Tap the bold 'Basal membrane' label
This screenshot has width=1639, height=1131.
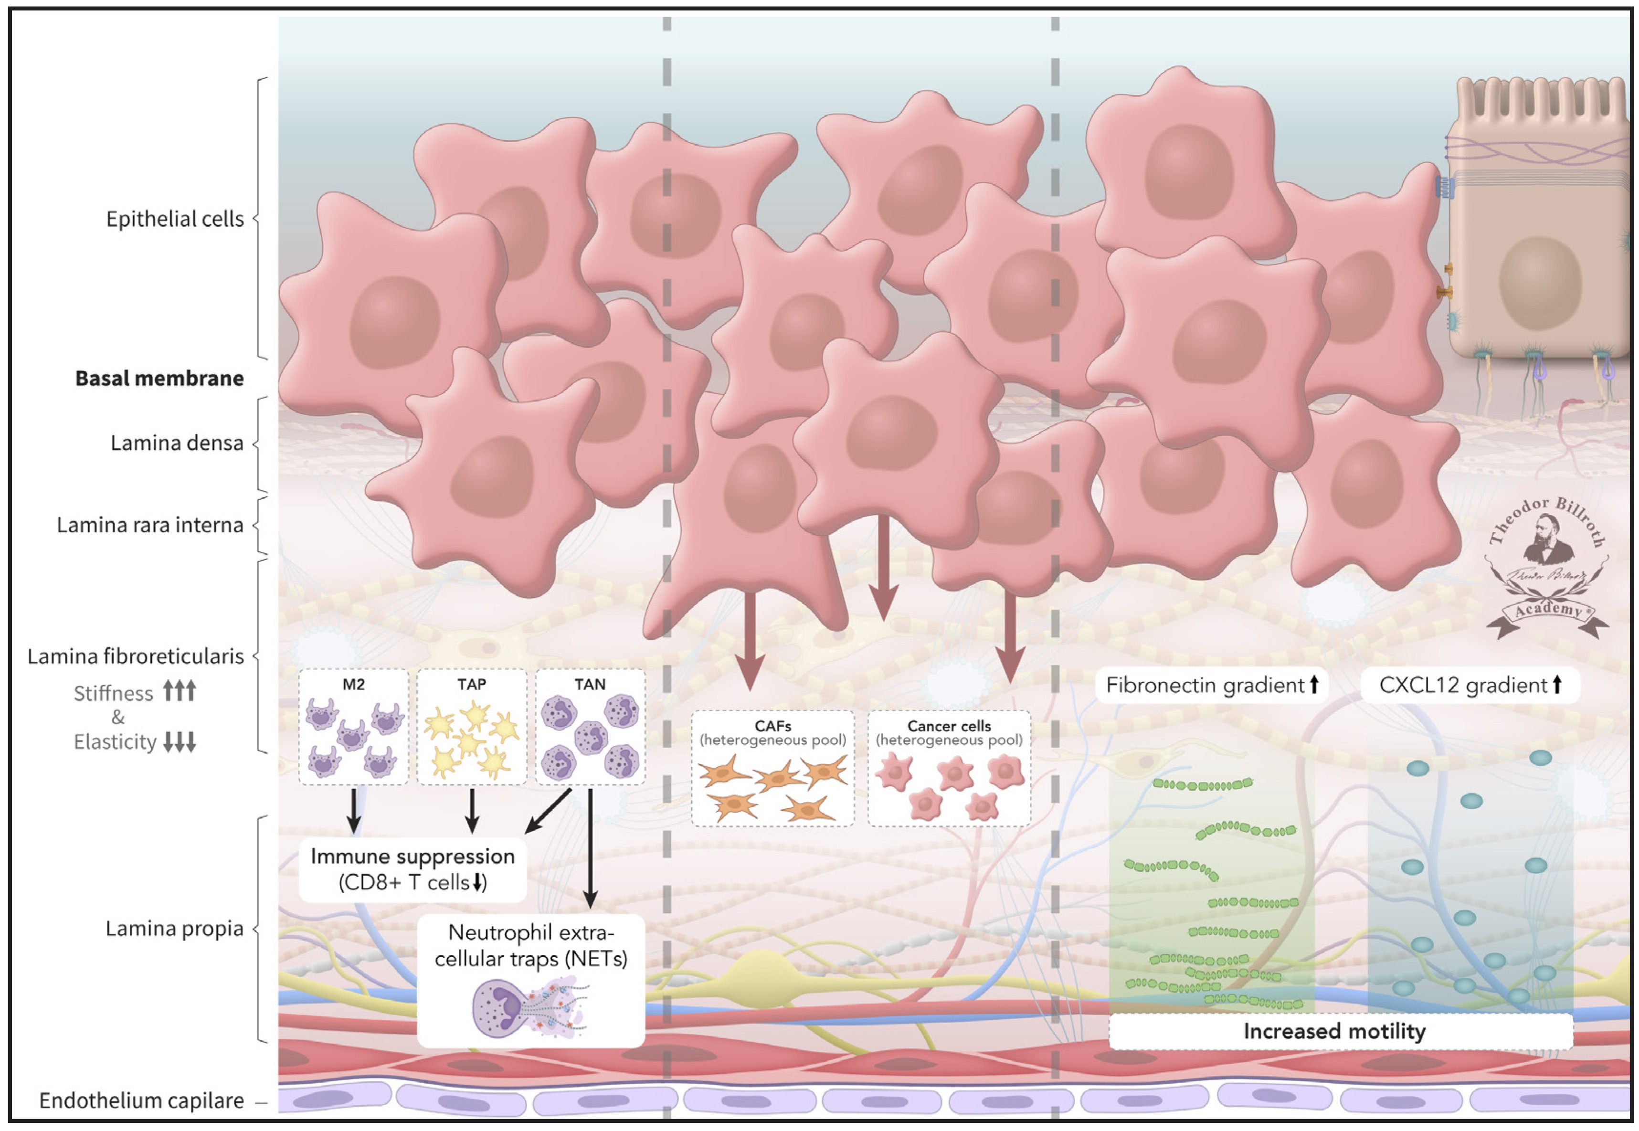[x=159, y=379]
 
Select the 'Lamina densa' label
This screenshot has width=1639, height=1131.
[x=177, y=443]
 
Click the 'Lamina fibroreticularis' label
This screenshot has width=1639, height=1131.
[x=135, y=656]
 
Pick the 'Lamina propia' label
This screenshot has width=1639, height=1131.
[x=174, y=928]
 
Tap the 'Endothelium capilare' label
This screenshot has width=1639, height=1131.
[x=142, y=1100]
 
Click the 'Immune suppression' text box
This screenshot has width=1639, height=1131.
[x=412, y=869]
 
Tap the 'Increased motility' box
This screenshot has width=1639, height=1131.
[x=1334, y=1031]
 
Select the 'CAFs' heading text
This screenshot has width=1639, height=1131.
[x=772, y=726]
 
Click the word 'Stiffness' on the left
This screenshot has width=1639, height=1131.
[x=113, y=693]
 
